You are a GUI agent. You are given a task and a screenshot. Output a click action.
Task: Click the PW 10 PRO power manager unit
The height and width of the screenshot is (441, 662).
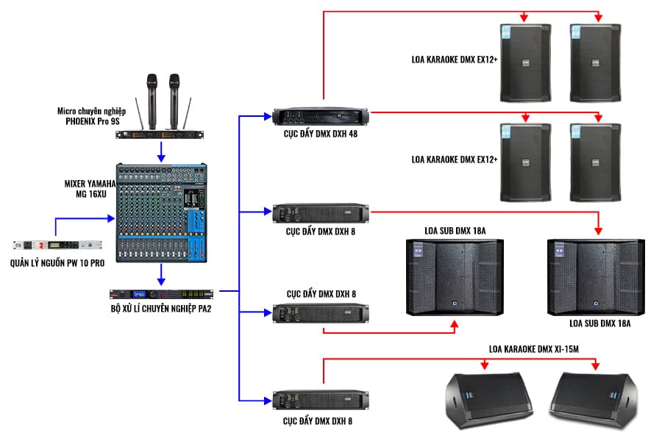coord(56,245)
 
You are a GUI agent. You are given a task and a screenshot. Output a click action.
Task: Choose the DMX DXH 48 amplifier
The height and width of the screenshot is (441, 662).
coord(320,115)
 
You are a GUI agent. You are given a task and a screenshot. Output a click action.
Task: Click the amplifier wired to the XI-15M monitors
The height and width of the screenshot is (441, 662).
coord(320,401)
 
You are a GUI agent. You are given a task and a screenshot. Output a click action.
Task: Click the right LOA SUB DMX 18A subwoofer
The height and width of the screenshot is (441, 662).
coord(597,276)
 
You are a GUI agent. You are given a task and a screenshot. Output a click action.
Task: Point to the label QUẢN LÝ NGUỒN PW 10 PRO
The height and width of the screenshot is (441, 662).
coord(56,262)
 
